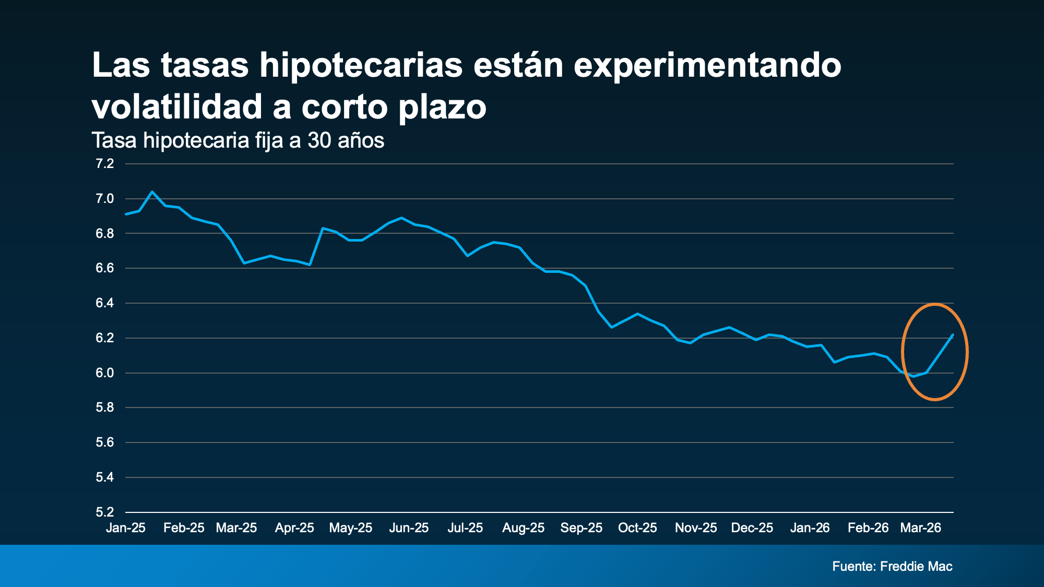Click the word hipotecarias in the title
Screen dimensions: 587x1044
coord(361,66)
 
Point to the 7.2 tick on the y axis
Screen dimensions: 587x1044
coord(104,164)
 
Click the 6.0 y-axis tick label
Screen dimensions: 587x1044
coord(104,373)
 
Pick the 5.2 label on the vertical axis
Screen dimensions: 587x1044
coord(104,512)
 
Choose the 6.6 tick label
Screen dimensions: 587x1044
coord(104,268)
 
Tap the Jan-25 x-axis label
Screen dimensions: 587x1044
coord(126,528)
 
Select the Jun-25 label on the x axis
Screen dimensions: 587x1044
coord(409,528)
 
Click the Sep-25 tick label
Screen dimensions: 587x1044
coord(581,528)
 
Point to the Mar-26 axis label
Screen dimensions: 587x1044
coord(920,528)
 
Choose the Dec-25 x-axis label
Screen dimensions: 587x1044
coord(752,528)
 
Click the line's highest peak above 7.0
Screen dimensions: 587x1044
coord(152,191)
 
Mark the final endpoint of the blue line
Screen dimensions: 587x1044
coord(953,335)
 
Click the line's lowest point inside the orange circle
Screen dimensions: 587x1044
coord(913,376)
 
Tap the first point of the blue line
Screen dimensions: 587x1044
coord(126,214)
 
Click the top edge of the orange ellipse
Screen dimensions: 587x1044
coord(934,304)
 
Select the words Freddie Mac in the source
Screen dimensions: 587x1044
coord(916,566)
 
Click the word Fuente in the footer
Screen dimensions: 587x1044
coord(853,566)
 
